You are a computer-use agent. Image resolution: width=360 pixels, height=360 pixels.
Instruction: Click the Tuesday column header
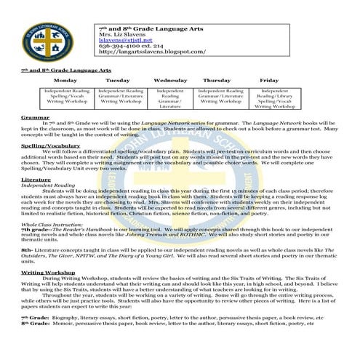[x=119, y=79]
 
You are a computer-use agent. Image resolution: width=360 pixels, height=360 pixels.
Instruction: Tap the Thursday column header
[x=217, y=79]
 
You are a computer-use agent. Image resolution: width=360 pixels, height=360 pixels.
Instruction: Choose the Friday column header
[x=268, y=79]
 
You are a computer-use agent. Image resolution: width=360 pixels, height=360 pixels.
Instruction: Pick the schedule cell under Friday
[x=269, y=99]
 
